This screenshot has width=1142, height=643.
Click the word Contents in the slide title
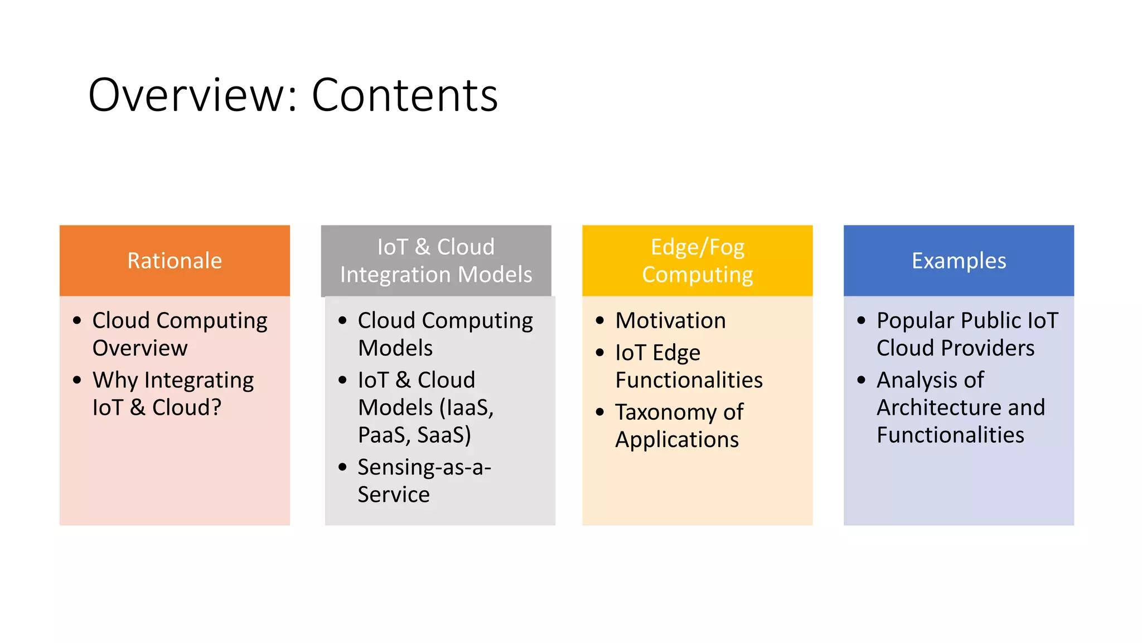coord(404,95)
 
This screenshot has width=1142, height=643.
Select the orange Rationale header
coord(175,261)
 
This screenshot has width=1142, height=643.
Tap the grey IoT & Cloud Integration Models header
coord(435,261)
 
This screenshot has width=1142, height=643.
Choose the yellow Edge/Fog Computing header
coord(697,261)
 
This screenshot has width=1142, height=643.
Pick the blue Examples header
coord(959,261)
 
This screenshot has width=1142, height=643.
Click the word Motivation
coord(670,321)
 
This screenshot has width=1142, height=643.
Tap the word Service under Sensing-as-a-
coord(394,495)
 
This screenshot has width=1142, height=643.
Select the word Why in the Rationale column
coord(115,381)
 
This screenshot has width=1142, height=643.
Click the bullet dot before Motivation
coord(600,320)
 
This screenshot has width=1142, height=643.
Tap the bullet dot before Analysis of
coord(862,380)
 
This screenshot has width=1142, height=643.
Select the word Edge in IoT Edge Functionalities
coord(676,353)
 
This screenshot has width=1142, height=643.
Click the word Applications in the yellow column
coord(677,440)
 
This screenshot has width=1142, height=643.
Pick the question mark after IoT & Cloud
coord(216,408)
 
